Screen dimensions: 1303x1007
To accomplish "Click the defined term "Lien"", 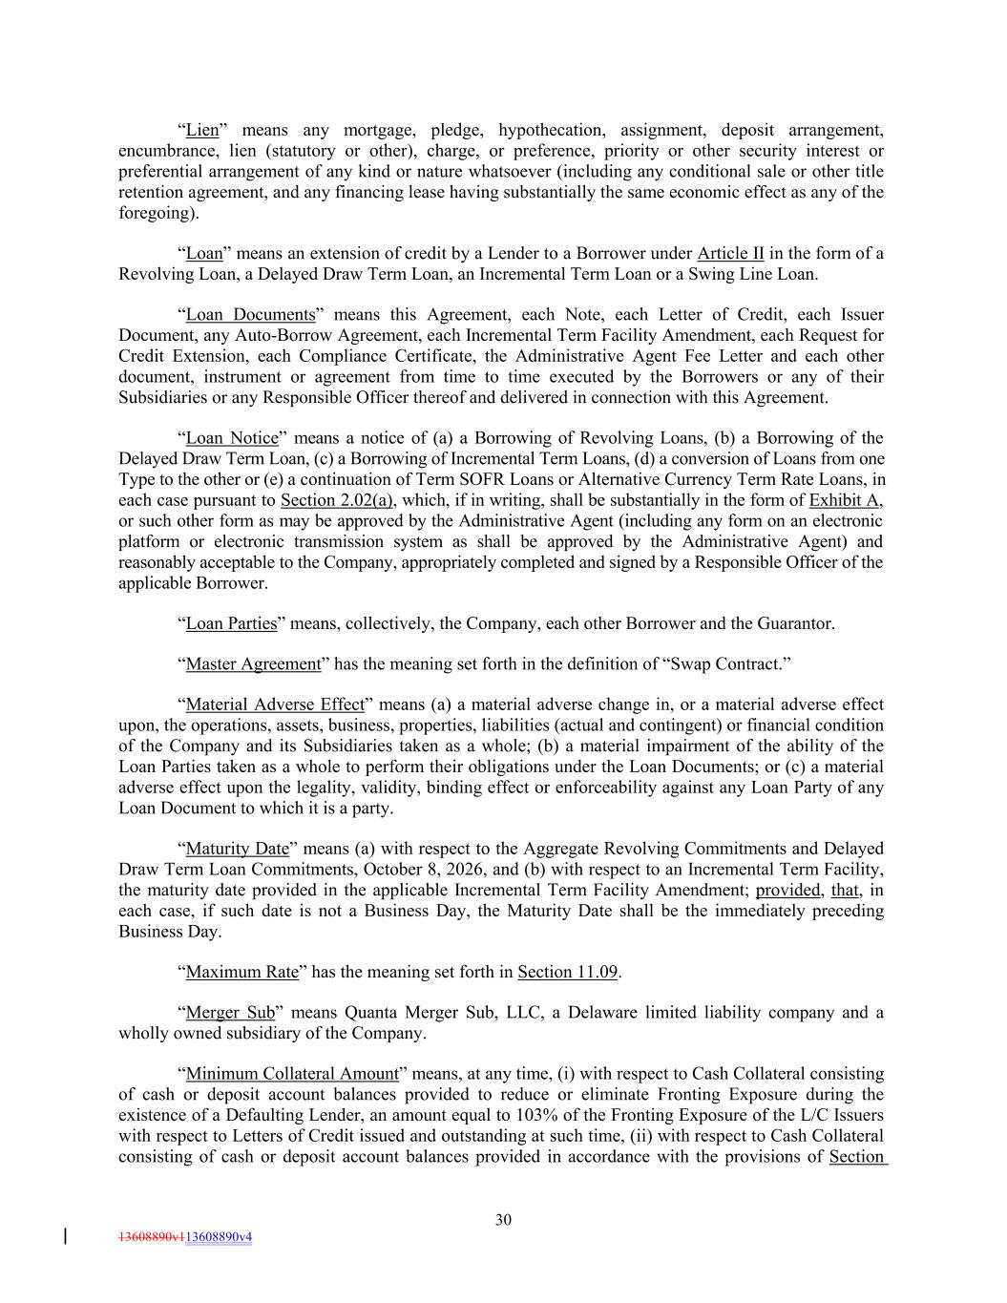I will tap(202, 130).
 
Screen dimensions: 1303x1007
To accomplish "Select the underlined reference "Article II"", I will tap(730, 253).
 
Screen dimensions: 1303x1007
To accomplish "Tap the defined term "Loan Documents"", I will tap(250, 315).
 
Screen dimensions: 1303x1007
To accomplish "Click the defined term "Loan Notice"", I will tap(232, 438).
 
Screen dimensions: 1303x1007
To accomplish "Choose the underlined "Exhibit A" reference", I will tap(845, 500).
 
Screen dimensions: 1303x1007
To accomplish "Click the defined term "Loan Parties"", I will tap(231, 623).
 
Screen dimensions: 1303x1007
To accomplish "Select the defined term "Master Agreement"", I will tap(253, 663).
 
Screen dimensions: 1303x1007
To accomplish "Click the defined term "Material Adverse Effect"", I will tap(275, 704).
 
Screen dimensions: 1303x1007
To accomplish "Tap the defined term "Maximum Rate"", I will tap(242, 972).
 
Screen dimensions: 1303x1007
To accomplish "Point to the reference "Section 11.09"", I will tap(568, 972).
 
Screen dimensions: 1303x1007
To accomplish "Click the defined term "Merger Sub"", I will tap(230, 1013).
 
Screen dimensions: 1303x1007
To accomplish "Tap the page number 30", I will tap(504, 1219).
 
